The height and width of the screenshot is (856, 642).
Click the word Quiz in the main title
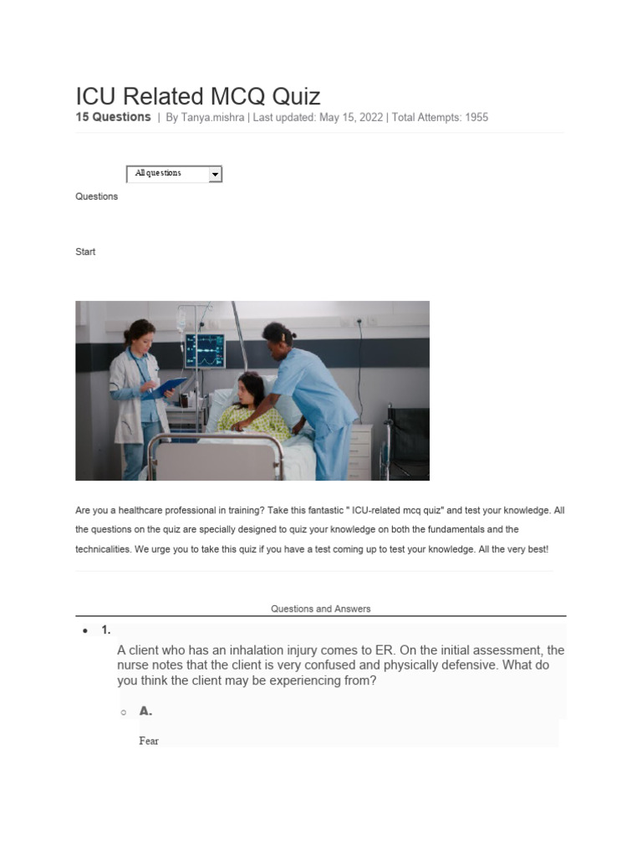tap(292, 95)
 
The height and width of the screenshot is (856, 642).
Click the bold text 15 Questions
tap(114, 117)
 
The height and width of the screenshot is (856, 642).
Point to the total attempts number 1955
tap(476, 118)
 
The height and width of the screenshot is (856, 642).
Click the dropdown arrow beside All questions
tap(215, 174)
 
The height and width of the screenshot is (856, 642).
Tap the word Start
tap(85, 252)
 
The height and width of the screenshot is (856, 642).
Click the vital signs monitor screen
tap(205, 349)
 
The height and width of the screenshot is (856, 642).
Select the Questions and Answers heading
tap(320, 609)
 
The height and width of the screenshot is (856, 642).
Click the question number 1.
tap(106, 630)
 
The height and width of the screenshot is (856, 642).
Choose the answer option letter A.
tap(145, 711)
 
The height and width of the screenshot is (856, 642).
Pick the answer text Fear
tap(149, 741)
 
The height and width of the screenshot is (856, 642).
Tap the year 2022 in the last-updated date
tap(368, 118)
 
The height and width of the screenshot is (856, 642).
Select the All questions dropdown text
tap(158, 173)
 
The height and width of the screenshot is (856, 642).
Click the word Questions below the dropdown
tap(96, 196)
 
